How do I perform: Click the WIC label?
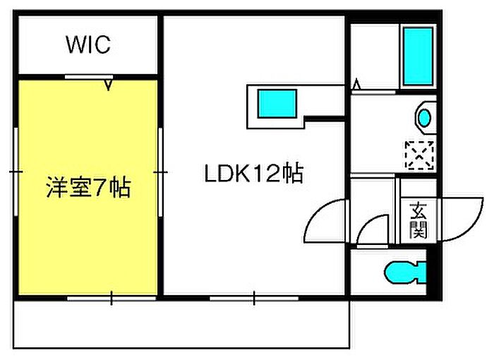pyautogui.click(x=88, y=44)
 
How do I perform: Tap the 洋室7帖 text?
pyautogui.click(x=88, y=188)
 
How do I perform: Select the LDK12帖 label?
pyautogui.click(x=253, y=173)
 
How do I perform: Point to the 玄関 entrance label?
pyautogui.click(x=418, y=221)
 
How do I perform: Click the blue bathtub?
pyautogui.click(x=418, y=56)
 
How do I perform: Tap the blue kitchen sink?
pyautogui.click(x=277, y=104)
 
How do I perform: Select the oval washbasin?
pyautogui.click(x=425, y=118)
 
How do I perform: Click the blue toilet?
pyautogui.click(x=405, y=272)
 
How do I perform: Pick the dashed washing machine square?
pyautogui.click(x=419, y=155)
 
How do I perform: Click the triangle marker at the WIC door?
pyautogui.click(x=109, y=85)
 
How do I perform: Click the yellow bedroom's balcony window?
pyautogui.click(x=112, y=298)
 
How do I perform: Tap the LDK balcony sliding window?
pyautogui.click(x=254, y=298)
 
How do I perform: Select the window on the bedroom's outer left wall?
pyautogui.click(x=16, y=172)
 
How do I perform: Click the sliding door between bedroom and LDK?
pyautogui.click(x=160, y=172)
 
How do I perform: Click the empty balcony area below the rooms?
pyautogui.click(x=181, y=325)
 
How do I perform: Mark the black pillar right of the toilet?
pyautogui.click(x=433, y=272)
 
